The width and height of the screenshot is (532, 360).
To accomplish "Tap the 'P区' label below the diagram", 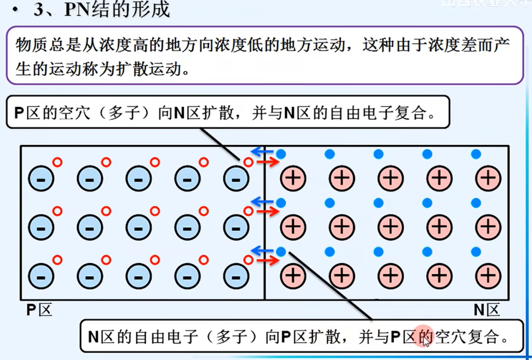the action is click(x=39, y=310).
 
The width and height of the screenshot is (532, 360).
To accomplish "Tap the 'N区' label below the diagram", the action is click(x=487, y=310).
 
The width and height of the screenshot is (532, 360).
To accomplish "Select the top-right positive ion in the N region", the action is click(x=488, y=178).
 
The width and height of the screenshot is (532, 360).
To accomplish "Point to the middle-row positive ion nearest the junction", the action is click(x=293, y=227).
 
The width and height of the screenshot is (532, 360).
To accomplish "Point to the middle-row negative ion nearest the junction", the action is click(x=236, y=227).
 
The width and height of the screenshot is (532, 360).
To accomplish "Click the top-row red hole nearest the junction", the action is click(x=248, y=162).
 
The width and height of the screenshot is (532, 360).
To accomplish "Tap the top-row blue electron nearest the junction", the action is click(x=281, y=154).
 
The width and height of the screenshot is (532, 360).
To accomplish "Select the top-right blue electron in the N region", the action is click(x=476, y=154).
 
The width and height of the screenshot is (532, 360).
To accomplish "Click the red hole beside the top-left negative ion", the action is click(x=57, y=162).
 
